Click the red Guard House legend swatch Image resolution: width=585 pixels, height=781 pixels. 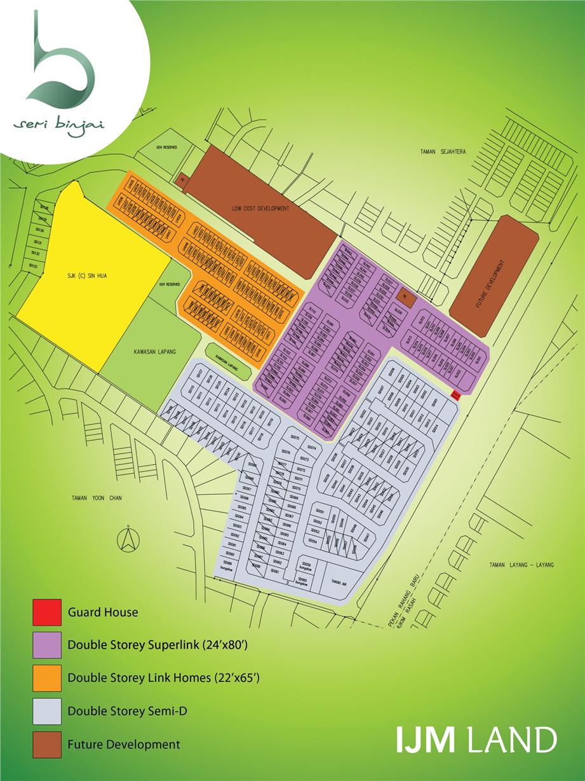click(47, 612)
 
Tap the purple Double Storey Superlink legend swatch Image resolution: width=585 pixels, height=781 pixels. click(47, 646)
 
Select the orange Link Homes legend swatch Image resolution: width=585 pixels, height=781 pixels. click(47, 679)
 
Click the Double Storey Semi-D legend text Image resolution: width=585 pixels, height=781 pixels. click(114, 712)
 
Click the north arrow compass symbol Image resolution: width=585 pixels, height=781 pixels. click(128, 540)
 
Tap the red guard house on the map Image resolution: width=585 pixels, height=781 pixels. click(455, 395)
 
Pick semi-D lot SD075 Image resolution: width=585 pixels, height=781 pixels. click(294, 438)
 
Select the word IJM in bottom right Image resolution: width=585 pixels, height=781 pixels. click(426, 741)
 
